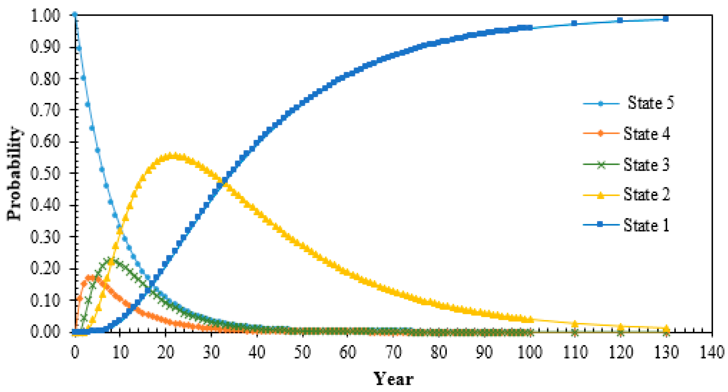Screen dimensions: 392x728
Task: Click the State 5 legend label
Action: coord(651,103)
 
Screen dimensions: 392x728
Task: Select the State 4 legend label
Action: coord(647,134)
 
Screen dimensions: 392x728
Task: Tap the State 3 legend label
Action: coord(647,164)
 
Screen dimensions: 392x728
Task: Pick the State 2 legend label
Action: coord(647,194)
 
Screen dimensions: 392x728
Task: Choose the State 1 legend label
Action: coord(647,225)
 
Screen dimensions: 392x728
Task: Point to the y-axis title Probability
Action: coord(14,174)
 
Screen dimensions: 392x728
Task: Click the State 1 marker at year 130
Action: coord(666,19)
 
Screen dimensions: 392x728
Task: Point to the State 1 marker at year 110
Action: coord(574,23)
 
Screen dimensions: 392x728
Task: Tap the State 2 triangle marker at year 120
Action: coord(620,327)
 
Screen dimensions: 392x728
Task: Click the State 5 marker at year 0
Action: coord(75,14)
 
